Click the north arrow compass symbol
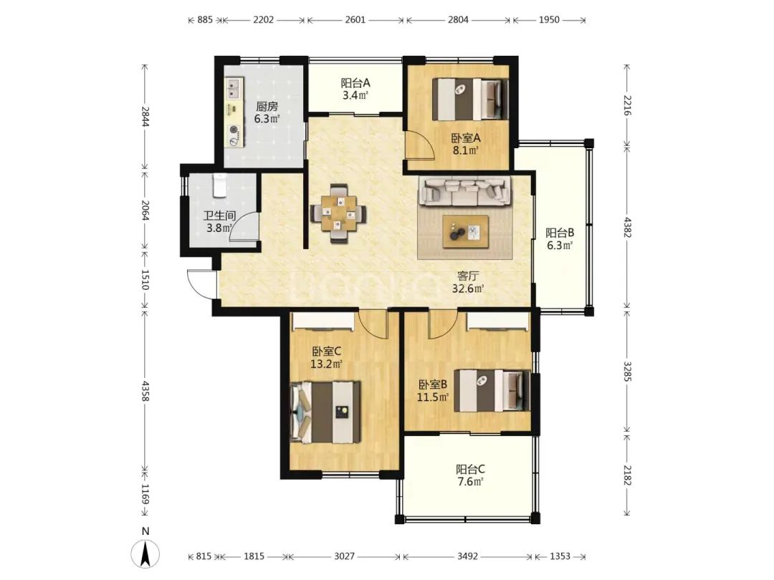[145, 554]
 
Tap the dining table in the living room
[338, 214]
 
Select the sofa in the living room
[464, 192]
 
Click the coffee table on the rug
[466, 231]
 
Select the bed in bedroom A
[470, 99]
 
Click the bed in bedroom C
[326, 412]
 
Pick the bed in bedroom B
[492, 390]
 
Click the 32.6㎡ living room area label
[467, 289]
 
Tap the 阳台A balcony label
[355, 82]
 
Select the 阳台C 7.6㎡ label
[470, 475]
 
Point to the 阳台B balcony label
[559, 232]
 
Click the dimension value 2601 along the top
[355, 20]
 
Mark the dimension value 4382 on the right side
[627, 227]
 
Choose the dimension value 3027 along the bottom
[344, 556]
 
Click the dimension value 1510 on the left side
[145, 280]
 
